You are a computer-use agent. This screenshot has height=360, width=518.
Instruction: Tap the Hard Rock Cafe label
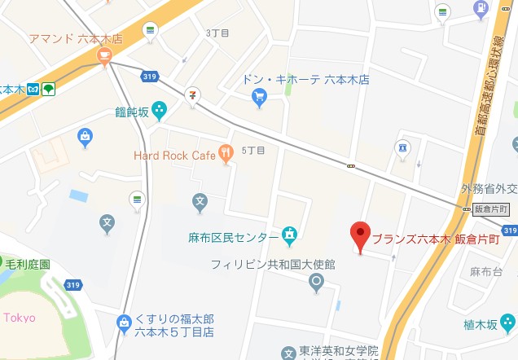click(173, 155)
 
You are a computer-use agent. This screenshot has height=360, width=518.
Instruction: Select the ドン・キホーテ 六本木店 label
click(305, 80)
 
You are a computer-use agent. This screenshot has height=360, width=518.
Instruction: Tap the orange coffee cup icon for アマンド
click(103, 55)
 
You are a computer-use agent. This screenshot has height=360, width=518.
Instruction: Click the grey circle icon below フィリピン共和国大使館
click(317, 283)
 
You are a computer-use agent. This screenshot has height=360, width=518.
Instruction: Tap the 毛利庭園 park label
click(28, 265)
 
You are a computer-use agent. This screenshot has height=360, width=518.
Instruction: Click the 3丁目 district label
click(218, 33)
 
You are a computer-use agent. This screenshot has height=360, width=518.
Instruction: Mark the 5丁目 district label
click(253, 151)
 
